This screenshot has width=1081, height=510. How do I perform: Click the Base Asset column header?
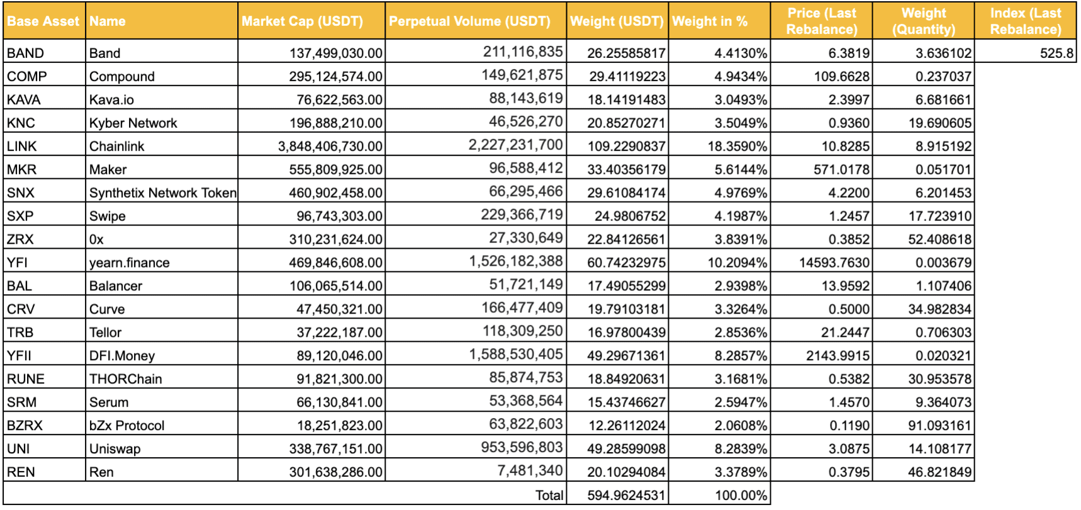tap(43, 21)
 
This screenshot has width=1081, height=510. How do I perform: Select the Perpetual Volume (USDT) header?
tap(469, 21)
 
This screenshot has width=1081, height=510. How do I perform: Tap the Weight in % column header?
tap(710, 21)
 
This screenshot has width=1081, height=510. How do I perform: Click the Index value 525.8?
tap(1056, 53)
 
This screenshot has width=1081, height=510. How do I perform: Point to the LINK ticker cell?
tap(22, 146)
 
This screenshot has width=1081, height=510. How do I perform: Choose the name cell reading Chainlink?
tap(116, 146)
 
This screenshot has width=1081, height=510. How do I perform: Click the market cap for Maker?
tap(335, 169)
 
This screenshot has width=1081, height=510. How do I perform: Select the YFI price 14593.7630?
tap(834, 263)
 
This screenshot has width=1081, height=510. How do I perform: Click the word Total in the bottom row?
tap(549, 496)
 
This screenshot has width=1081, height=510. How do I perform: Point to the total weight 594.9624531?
tap(626, 496)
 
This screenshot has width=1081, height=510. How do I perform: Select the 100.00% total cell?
tap(741, 496)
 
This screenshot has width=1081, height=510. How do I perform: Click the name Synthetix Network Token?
tap(163, 193)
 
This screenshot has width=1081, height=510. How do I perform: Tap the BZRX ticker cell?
tap(25, 426)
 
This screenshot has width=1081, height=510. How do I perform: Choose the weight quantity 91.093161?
tap(940, 426)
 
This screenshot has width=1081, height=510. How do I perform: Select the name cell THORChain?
tap(126, 379)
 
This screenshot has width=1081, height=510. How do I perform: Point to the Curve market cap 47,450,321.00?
tap(339, 309)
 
